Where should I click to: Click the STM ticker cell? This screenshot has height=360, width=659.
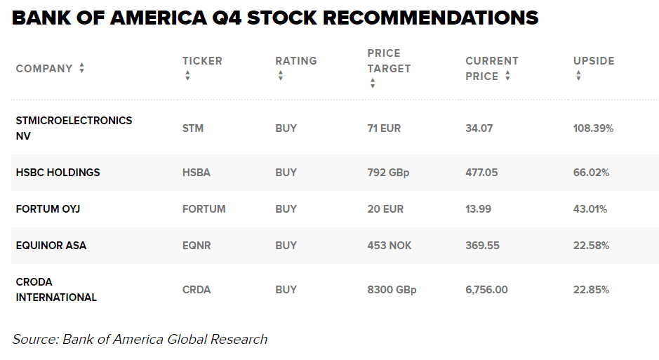click(192, 128)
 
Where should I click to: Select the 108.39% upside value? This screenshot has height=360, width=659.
click(593, 128)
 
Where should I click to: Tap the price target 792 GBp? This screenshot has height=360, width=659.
click(388, 173)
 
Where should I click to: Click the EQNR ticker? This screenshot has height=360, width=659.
click(197, 246)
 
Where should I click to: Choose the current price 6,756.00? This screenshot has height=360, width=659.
click(486, 290)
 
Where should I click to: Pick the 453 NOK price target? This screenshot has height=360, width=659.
click(389, 246)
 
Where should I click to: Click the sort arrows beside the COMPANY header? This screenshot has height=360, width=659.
click(82, 68)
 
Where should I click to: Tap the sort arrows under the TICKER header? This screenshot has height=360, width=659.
click(187, 76)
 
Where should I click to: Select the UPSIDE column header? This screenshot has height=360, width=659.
click(594, 61)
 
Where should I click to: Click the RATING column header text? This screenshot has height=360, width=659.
click(295, 61)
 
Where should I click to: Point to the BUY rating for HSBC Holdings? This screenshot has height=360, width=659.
click(286, 173)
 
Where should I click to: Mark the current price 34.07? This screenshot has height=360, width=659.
click(479, 128)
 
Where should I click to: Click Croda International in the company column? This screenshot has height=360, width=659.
click(56, 290)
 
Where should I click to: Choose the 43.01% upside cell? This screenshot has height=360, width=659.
click(590, 209)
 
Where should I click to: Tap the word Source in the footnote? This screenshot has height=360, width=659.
click(34, 340)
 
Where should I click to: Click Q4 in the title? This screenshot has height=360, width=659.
click(220, 18)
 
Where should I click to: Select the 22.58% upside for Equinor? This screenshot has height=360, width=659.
click(591, 246)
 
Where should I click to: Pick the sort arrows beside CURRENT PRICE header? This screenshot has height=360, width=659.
click(507, 76)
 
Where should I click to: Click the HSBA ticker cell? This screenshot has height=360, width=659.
click(196, 173)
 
